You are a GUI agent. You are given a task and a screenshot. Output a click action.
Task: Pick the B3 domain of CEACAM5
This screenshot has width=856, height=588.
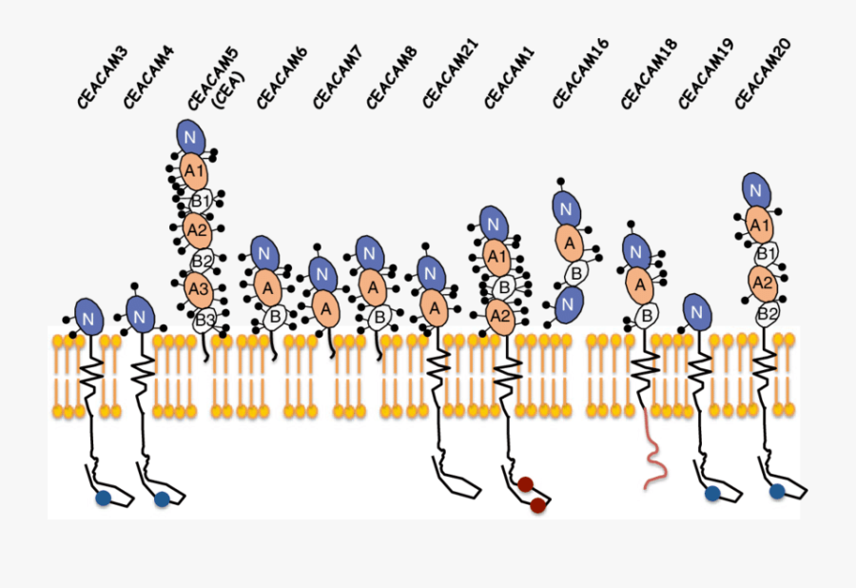click(205, 319)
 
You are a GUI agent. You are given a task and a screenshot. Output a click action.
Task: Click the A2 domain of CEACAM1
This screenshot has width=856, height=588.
click(499, 313)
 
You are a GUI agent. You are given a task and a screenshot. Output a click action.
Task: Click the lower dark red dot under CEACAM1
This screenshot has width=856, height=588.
click(537, 505)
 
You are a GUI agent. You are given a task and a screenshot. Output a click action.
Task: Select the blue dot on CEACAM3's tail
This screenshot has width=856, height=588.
click(103, 498)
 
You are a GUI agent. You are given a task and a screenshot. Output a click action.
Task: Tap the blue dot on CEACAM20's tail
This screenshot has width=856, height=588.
click(777, 491)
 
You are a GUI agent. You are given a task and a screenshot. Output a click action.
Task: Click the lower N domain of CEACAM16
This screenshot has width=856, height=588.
click(568, 303)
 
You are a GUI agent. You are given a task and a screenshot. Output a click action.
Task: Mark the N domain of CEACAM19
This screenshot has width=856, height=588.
click(697, 311)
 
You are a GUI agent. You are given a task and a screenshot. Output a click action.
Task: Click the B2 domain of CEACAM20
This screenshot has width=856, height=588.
click(767, 314)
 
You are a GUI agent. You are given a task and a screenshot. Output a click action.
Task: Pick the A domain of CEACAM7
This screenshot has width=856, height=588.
click(326, 309)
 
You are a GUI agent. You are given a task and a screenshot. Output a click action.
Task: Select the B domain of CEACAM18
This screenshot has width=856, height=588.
click(645, 313)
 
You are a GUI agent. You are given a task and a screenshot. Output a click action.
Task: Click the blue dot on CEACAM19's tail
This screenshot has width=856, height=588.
click(711, 493)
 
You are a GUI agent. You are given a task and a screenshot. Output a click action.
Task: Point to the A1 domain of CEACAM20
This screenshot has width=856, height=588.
click(759, 225)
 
